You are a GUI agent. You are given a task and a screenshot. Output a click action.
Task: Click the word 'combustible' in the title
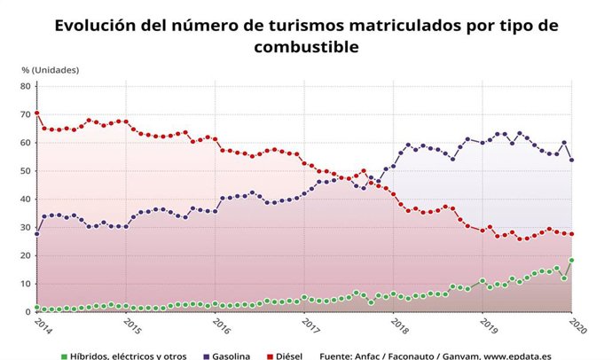[306, 45]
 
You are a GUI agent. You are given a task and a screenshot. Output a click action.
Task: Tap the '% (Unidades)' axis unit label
[50, 69]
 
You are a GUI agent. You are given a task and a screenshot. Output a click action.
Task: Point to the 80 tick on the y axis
[26, 86]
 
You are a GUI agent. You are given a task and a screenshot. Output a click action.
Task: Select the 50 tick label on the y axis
[26, 170]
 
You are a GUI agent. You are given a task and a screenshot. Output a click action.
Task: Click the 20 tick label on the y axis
[26, 255]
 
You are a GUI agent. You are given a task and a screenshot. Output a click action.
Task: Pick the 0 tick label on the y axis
[28, 312]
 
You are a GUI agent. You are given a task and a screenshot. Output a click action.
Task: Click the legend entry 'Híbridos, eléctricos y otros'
[129, 356]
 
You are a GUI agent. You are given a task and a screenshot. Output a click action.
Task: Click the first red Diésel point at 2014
[37, 113]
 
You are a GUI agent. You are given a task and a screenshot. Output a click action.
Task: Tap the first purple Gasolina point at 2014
[37, 233]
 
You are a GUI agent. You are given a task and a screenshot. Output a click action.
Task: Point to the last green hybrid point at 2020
[571, 260]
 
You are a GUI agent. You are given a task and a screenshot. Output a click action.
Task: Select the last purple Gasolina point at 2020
[571, 160]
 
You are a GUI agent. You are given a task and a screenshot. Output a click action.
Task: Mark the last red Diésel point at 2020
[571, 234]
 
